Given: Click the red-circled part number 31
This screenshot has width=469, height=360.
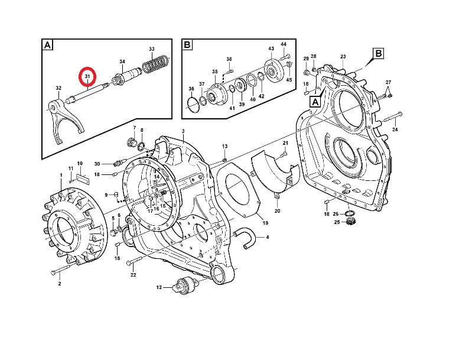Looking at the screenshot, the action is point(87,77).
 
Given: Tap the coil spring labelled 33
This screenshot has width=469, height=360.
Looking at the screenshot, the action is point(155,64).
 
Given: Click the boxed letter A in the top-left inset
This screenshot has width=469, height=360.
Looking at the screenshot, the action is point(48,45).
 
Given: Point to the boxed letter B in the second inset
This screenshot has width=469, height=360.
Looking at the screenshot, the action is point(187,45).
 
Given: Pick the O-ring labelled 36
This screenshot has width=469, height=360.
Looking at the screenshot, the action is point(194,103).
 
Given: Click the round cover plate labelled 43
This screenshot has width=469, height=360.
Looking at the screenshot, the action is point(273,72).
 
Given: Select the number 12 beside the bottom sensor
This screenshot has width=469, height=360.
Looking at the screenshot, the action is point(159,287).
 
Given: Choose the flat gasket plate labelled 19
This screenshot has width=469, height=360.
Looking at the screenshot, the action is point(239,189).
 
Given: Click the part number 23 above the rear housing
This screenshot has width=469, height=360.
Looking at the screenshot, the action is point(343,56).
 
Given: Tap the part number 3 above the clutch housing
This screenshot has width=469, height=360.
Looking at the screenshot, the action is point(183,131).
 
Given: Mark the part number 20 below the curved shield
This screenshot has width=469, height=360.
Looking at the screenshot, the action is point(277,211).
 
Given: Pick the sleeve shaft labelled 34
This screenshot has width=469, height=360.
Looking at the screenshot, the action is point(128,77).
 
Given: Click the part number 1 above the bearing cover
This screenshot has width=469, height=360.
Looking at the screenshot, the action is point(61,175).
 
